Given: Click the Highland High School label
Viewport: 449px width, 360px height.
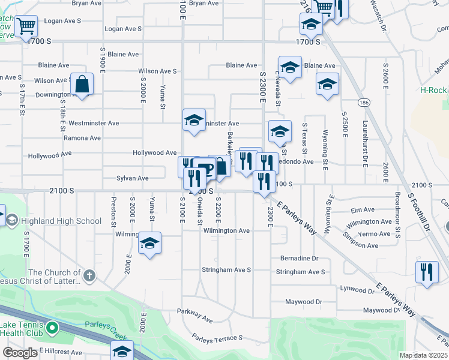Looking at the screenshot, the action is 61,221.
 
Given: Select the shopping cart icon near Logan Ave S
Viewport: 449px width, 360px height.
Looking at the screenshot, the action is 26,26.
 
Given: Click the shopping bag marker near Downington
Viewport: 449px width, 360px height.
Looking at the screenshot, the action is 82,84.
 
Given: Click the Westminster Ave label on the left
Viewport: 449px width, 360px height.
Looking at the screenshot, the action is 94,123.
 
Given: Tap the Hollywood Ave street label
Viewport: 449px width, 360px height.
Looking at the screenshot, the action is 155,153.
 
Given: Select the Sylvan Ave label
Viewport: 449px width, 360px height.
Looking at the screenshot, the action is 133,178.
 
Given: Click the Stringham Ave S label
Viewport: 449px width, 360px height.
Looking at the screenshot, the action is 226,270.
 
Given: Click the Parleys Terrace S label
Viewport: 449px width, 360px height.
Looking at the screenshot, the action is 217,338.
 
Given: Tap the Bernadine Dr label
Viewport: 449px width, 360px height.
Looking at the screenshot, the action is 298,259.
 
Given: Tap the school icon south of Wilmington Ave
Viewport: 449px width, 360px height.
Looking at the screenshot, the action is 150,243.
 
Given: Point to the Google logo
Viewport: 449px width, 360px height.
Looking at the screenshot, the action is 20,353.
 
